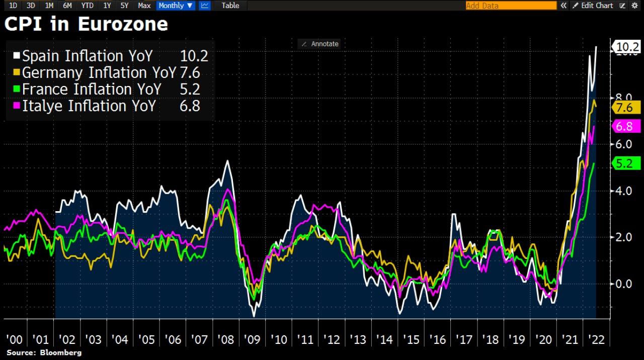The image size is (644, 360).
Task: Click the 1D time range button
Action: pos(14,6)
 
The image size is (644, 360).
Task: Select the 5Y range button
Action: pos(124,6)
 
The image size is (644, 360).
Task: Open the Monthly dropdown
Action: pos(175,6)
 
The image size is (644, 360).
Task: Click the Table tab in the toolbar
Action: pos(230,6)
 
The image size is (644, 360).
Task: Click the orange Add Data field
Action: pos(510,6)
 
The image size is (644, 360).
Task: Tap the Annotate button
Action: pos(320,44)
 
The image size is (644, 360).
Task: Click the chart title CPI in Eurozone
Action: pos(86,24)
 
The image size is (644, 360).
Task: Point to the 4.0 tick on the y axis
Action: pos(624,191)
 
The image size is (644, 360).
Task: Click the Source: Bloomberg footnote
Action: pos(44,353)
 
